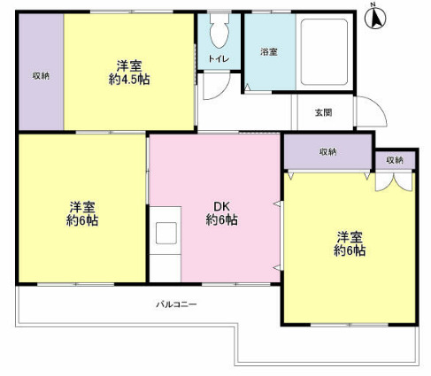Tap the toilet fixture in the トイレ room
tap(219, 35)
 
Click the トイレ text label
tap(219, 59)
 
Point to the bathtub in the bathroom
tap(324, 51)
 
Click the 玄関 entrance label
tap(323, 112)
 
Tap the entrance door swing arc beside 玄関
tap(373, 115)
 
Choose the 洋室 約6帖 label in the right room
tap(350, 243)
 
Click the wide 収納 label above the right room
tap(327, 152)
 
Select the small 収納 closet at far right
tap(393, 160)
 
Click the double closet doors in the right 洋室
tap(392, 180)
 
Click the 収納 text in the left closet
tap(41, 75)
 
